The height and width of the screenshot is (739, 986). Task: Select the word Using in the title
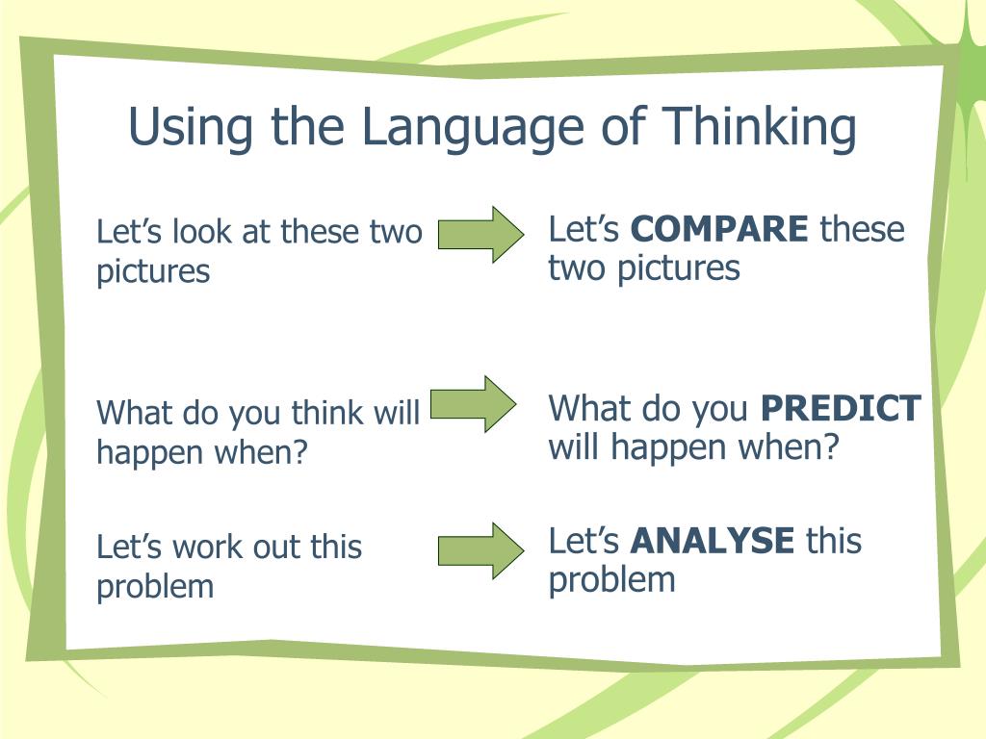(x=191, y=128)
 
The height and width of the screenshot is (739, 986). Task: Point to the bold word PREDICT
(x=841, y=408)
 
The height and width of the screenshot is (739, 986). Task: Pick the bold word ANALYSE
(x=713, y=541)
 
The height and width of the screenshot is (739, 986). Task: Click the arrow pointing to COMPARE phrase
(x=481, y=235)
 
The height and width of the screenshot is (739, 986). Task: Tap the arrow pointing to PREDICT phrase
(x=474, y=404)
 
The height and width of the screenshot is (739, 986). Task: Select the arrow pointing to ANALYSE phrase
(x=481, y=550)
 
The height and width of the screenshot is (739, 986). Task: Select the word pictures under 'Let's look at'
(x=153, y=272)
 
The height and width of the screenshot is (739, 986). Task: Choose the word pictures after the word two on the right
(x=678, y=269)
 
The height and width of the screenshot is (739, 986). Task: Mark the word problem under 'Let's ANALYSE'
(x=611, y=580)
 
